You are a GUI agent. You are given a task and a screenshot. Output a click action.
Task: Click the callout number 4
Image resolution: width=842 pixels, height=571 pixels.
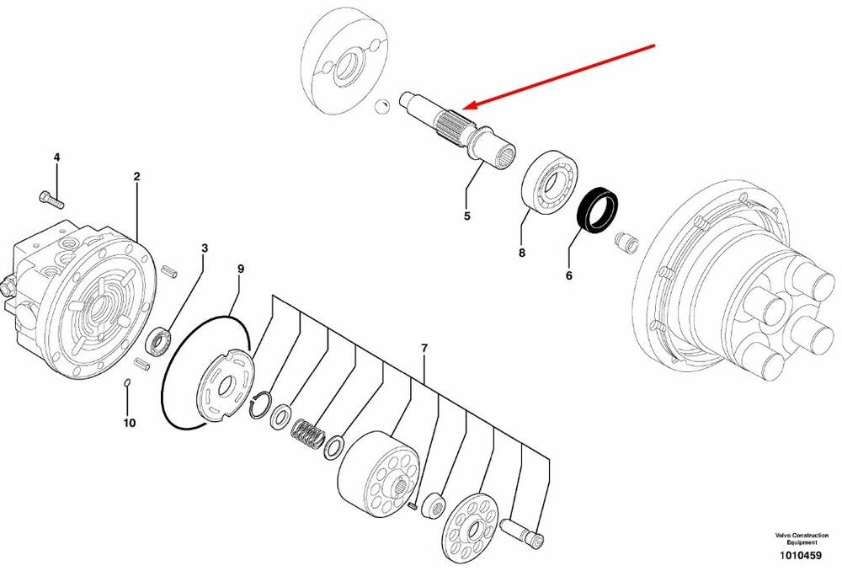point(56,157)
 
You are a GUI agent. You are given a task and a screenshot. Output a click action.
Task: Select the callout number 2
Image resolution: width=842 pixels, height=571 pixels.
point(137,176)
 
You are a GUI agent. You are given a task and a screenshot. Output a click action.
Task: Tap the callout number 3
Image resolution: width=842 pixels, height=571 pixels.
point(205,248)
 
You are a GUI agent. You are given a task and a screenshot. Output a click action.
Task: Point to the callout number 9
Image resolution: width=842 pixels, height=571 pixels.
point(241,269)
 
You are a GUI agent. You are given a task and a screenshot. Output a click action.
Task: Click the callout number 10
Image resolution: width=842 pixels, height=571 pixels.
point(130,424)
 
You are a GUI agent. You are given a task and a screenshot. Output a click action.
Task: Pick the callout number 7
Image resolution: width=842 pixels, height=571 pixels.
point(424,349)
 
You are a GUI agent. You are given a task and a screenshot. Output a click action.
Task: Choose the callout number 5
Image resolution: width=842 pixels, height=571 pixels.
point(467,216)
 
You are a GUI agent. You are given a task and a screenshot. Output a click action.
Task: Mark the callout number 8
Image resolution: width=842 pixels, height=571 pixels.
point(522,253)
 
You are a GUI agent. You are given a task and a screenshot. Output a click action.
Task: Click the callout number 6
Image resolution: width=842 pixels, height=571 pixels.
point(568,275)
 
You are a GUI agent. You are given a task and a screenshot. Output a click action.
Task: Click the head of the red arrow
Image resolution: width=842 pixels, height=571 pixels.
point(465,107)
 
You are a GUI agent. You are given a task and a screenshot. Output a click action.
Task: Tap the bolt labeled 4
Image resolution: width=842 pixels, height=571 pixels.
point(51,199)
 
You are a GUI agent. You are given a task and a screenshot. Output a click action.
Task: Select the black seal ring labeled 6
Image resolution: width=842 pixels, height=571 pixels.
point(597,210)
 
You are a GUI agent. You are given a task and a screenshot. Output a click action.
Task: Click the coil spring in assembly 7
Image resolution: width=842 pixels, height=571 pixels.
point(308,432)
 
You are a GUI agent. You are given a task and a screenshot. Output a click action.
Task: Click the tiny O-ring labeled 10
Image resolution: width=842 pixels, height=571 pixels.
point(127,382)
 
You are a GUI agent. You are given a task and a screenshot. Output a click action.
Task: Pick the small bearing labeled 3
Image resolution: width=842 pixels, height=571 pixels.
point(159,343)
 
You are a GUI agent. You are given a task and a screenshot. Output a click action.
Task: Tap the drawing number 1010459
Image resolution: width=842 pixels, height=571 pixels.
point(801,556)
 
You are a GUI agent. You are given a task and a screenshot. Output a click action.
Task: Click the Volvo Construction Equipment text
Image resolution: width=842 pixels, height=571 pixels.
point(802,539)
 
